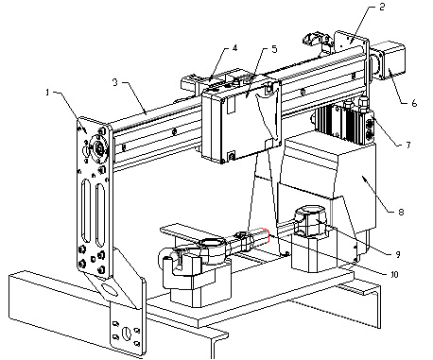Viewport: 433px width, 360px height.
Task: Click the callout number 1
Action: point(47,93)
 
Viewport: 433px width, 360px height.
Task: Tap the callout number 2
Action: point(382,7)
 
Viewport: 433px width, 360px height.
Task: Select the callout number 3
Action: point(115,82)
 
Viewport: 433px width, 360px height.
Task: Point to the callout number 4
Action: point(234,48)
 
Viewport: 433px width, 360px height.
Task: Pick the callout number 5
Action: point(274,49)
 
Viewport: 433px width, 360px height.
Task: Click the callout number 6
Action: point(414,103)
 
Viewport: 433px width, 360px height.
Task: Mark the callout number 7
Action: point(408,145)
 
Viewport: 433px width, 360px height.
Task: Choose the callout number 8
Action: point(401,212)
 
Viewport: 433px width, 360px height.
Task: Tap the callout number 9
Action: point(398,254)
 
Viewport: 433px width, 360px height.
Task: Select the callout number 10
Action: point(394,274)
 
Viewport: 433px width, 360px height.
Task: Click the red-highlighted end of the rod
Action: point(267,235)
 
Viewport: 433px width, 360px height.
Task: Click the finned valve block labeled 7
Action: point(345,122)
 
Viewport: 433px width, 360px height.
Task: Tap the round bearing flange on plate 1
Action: point(99,147)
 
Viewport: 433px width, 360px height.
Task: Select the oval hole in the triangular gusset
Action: point(108,288)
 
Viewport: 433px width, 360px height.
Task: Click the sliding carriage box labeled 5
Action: point(241,121)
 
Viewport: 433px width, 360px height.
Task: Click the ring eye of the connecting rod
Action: point(211,243)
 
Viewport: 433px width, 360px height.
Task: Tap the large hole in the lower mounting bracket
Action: point(126,334)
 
